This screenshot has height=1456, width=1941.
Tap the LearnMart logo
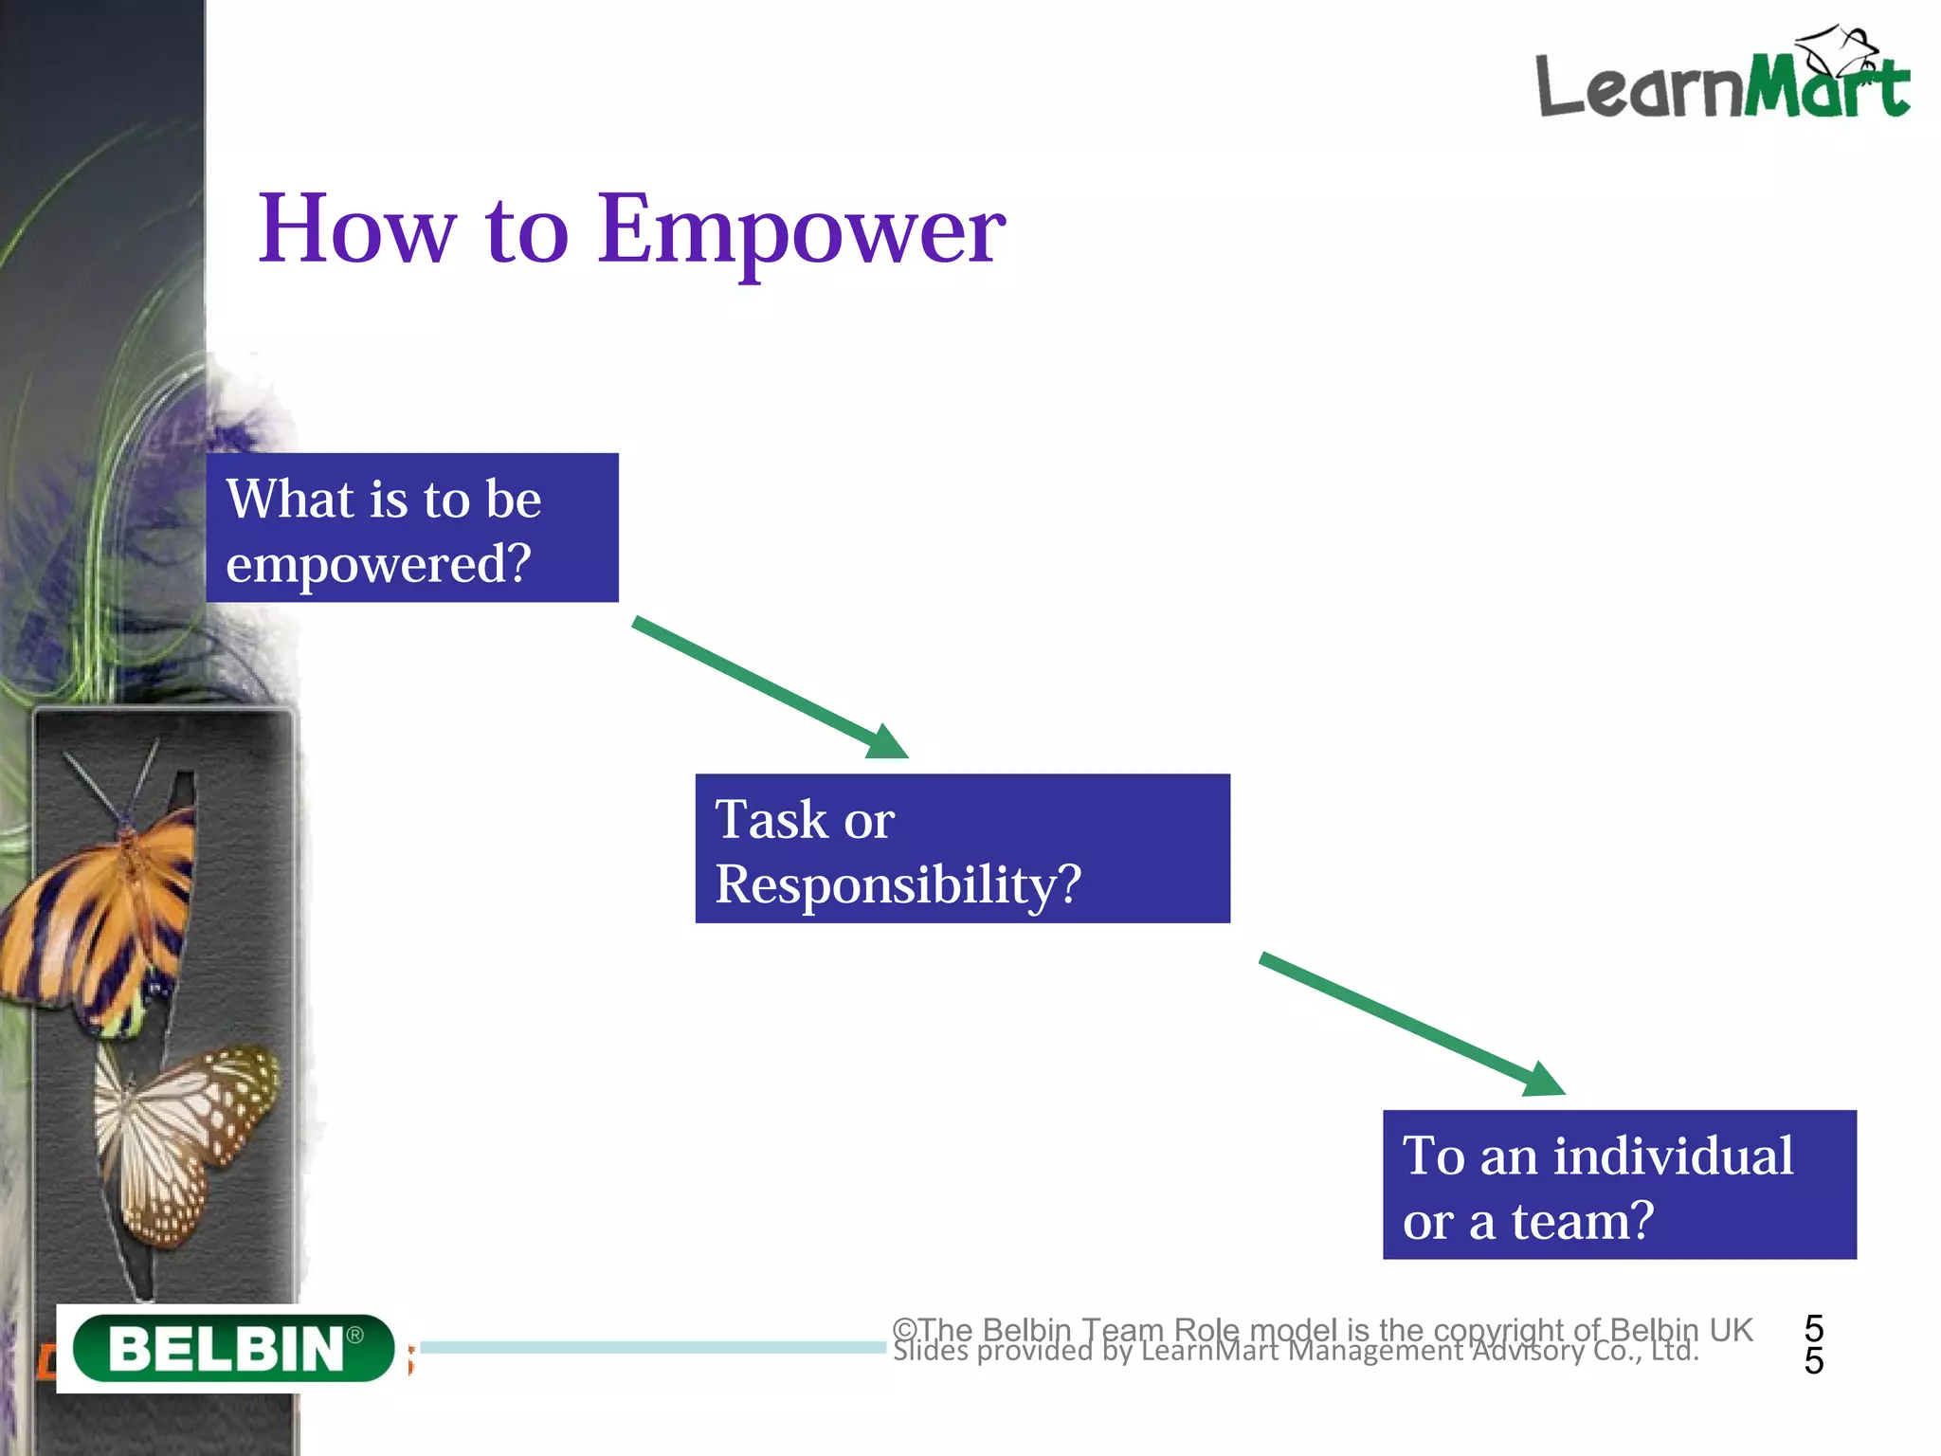(1720, 81)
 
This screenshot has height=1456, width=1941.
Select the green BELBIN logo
(233, 1347)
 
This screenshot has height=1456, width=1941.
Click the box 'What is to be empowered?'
(412, 527)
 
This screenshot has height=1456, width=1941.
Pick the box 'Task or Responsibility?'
(962, 848)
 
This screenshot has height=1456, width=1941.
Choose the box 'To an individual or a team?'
(1619, 1185)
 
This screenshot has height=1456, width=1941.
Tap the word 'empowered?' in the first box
(378, 563)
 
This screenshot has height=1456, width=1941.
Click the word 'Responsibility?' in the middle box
(898, 883)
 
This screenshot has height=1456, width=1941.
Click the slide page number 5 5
(1813, 1344)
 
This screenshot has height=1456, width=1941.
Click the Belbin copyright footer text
(1322, 1330)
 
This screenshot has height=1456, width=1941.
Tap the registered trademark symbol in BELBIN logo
(354, 1335)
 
